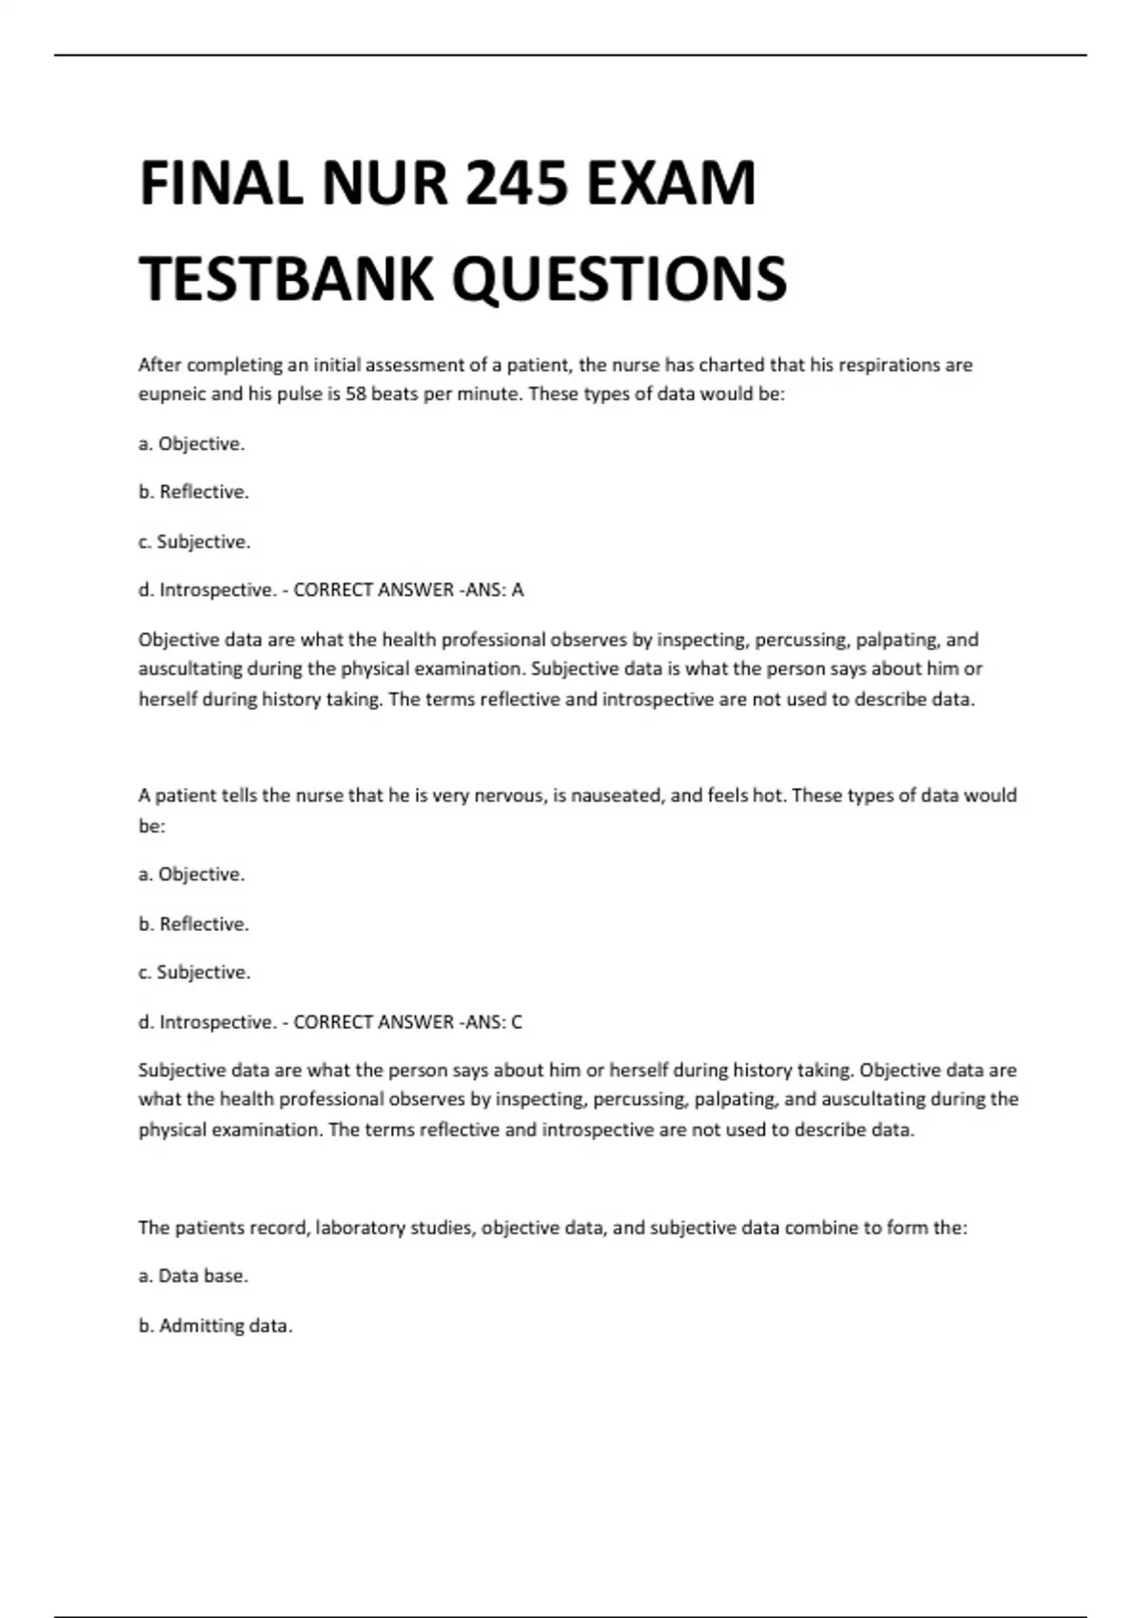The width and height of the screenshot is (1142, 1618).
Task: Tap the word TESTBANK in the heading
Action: pyautogui.click(x=285, y=279)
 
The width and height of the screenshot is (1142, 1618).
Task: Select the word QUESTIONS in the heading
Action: pyautogui.click(x=619, y=279)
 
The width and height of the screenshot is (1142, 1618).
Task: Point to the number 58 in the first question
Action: pyautogui.click(x=356, y=394)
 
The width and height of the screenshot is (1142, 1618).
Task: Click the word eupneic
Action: pyautogui.click(x=172, y=394)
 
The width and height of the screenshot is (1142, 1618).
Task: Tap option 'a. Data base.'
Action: pyautogui.click(x=193, y=1276)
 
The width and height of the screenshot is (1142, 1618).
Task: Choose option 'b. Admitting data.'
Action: pyautogui.click(x=215, y=1326)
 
